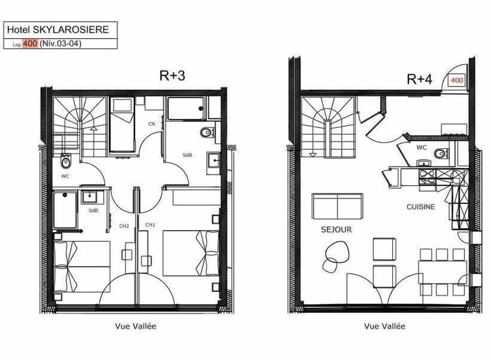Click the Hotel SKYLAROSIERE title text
click(x=60, y=29)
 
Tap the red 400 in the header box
click(x=30, y=43)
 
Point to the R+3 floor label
click(x=172, y=76)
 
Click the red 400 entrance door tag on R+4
click(x=457, y=80)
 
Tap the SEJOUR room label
click(x=336, y=230)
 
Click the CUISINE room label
click(x=420, y=207)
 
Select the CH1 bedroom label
click(x=150, y=225)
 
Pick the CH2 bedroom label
click(x=124, y=226)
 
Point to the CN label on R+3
click(x=151, y=124)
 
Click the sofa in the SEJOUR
click(x=337, y=206)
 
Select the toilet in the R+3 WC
click(x=65, y=162)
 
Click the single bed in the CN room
click(x=122, y=125)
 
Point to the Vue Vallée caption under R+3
click(x=136, y=326)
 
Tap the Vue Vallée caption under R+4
click(x=384, y=326)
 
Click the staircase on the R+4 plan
click(x=328, y=127)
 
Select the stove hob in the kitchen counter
click(x=427, y=177)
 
